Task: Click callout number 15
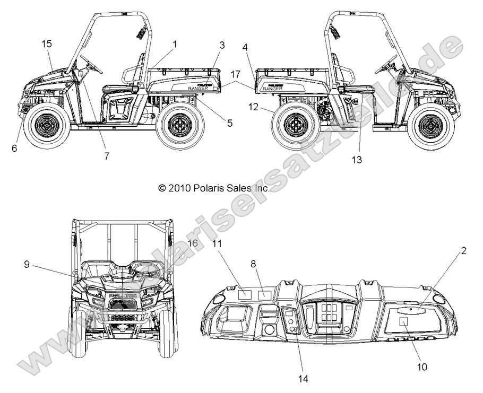pyautogui.click(x=46, y=43)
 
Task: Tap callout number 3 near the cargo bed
pyautogui.click(x=222, y=45)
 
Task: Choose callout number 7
pyautogui.click(x=106, y=155)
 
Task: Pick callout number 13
pyautogui.click(x=357, y=159)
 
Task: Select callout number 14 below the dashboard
pyautogui.click(x=303, y=379)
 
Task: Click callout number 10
pyautogui.click(x=423, y=366)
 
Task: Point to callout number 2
pyautogui.click(x=463, y=251)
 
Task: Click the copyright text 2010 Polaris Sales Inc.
pyautogui.click(x=214, y=188)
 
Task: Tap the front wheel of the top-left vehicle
pyautogui.click(x=47, y=125)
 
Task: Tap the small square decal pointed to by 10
pyautogui.click(x=403, y=321)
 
